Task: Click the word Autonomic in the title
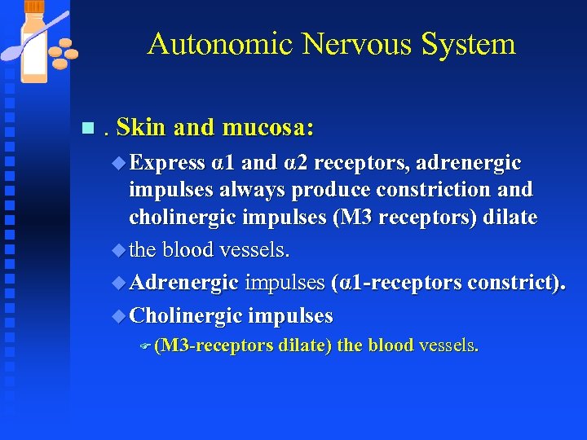coord(219,44)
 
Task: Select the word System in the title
coord(468,44)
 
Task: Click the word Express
coord(166,163)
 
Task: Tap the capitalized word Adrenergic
coord(183,283)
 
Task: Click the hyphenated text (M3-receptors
coord(214,345)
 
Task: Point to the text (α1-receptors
coord(388,283)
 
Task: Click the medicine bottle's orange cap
coord(34,7)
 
